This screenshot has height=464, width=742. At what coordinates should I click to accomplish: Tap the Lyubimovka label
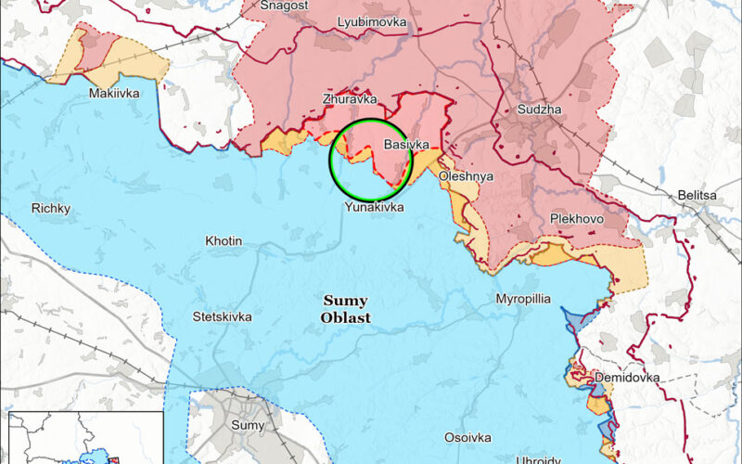[x=365, y=21]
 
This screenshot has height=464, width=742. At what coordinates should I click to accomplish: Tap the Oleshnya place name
[x=467, y=175]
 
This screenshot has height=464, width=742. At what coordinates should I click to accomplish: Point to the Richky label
[x=50, y=208]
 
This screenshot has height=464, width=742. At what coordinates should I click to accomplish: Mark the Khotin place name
[x=224, y=241]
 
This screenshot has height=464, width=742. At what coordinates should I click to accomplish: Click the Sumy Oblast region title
[x=345, y=309]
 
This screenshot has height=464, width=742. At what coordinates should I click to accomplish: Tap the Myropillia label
[x=522, y=300]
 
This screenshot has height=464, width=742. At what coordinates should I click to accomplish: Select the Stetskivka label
[x=222, y=316]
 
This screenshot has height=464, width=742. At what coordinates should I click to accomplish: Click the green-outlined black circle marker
[x=371, y=161]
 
